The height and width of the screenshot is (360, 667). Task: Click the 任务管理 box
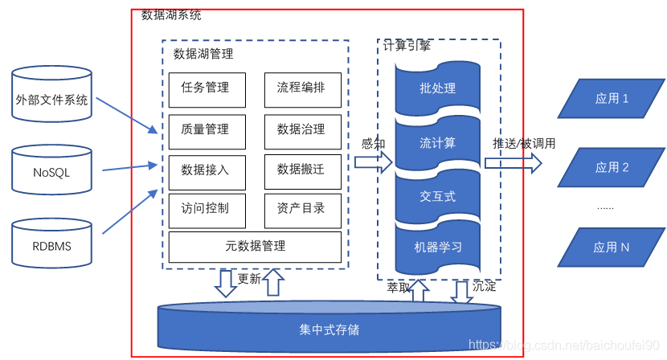click(x=205, y=88)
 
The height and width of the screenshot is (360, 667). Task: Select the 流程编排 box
click(x=301, y=88)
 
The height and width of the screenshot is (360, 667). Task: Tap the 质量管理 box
click(x=205, y=129)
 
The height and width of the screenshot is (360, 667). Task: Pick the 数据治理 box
click(x=301, y=129)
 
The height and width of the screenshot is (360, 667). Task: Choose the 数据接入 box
click(x=205, y=170)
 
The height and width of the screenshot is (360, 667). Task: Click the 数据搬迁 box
click(x=301, y=170)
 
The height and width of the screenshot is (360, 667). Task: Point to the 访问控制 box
click(x=205, y=209)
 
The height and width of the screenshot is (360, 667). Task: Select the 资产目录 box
click(x=301, y=209)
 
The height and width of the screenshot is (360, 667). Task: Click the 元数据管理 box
click(x=255, y=246)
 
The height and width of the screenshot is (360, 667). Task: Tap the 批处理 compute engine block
click(x=438, y=88)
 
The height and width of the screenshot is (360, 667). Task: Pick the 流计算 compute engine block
click(x=438, y=143)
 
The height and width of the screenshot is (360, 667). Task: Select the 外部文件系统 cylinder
click(x=51, y=101)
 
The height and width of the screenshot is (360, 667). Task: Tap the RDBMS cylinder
click(x=51, y=245)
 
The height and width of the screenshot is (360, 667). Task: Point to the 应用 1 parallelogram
click(x=612, y=99)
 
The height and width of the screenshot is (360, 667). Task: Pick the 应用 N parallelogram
click(x=612, y=247)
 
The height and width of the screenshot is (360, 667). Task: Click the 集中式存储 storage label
click(x=329, y=329)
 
